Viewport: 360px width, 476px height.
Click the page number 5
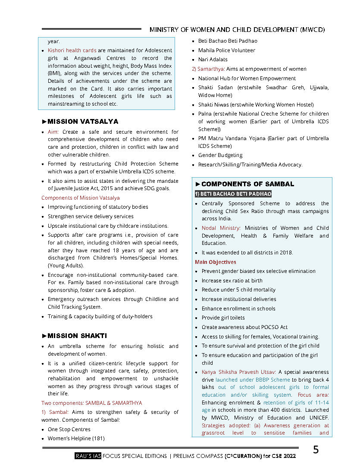tap(316, 450)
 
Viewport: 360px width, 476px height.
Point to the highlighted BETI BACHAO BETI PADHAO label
tap(233, 194)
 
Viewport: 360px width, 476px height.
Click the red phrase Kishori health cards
tap(72, 50)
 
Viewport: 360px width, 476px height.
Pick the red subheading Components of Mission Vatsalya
tap(81, 198)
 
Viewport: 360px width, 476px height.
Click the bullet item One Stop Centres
tap(69, 429)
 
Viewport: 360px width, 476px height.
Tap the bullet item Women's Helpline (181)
tap(76, 438)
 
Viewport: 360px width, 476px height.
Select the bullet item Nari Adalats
tap(213, 60)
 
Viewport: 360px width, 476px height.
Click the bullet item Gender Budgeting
tap(220, 155)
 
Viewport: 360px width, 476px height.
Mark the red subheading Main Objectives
tap(216, 262)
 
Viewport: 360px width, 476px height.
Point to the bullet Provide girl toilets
tap(223, 318)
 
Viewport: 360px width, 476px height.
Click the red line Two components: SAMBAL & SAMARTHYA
tap(91, 403)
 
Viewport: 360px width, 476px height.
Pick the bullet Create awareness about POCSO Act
tap(244, 327)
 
